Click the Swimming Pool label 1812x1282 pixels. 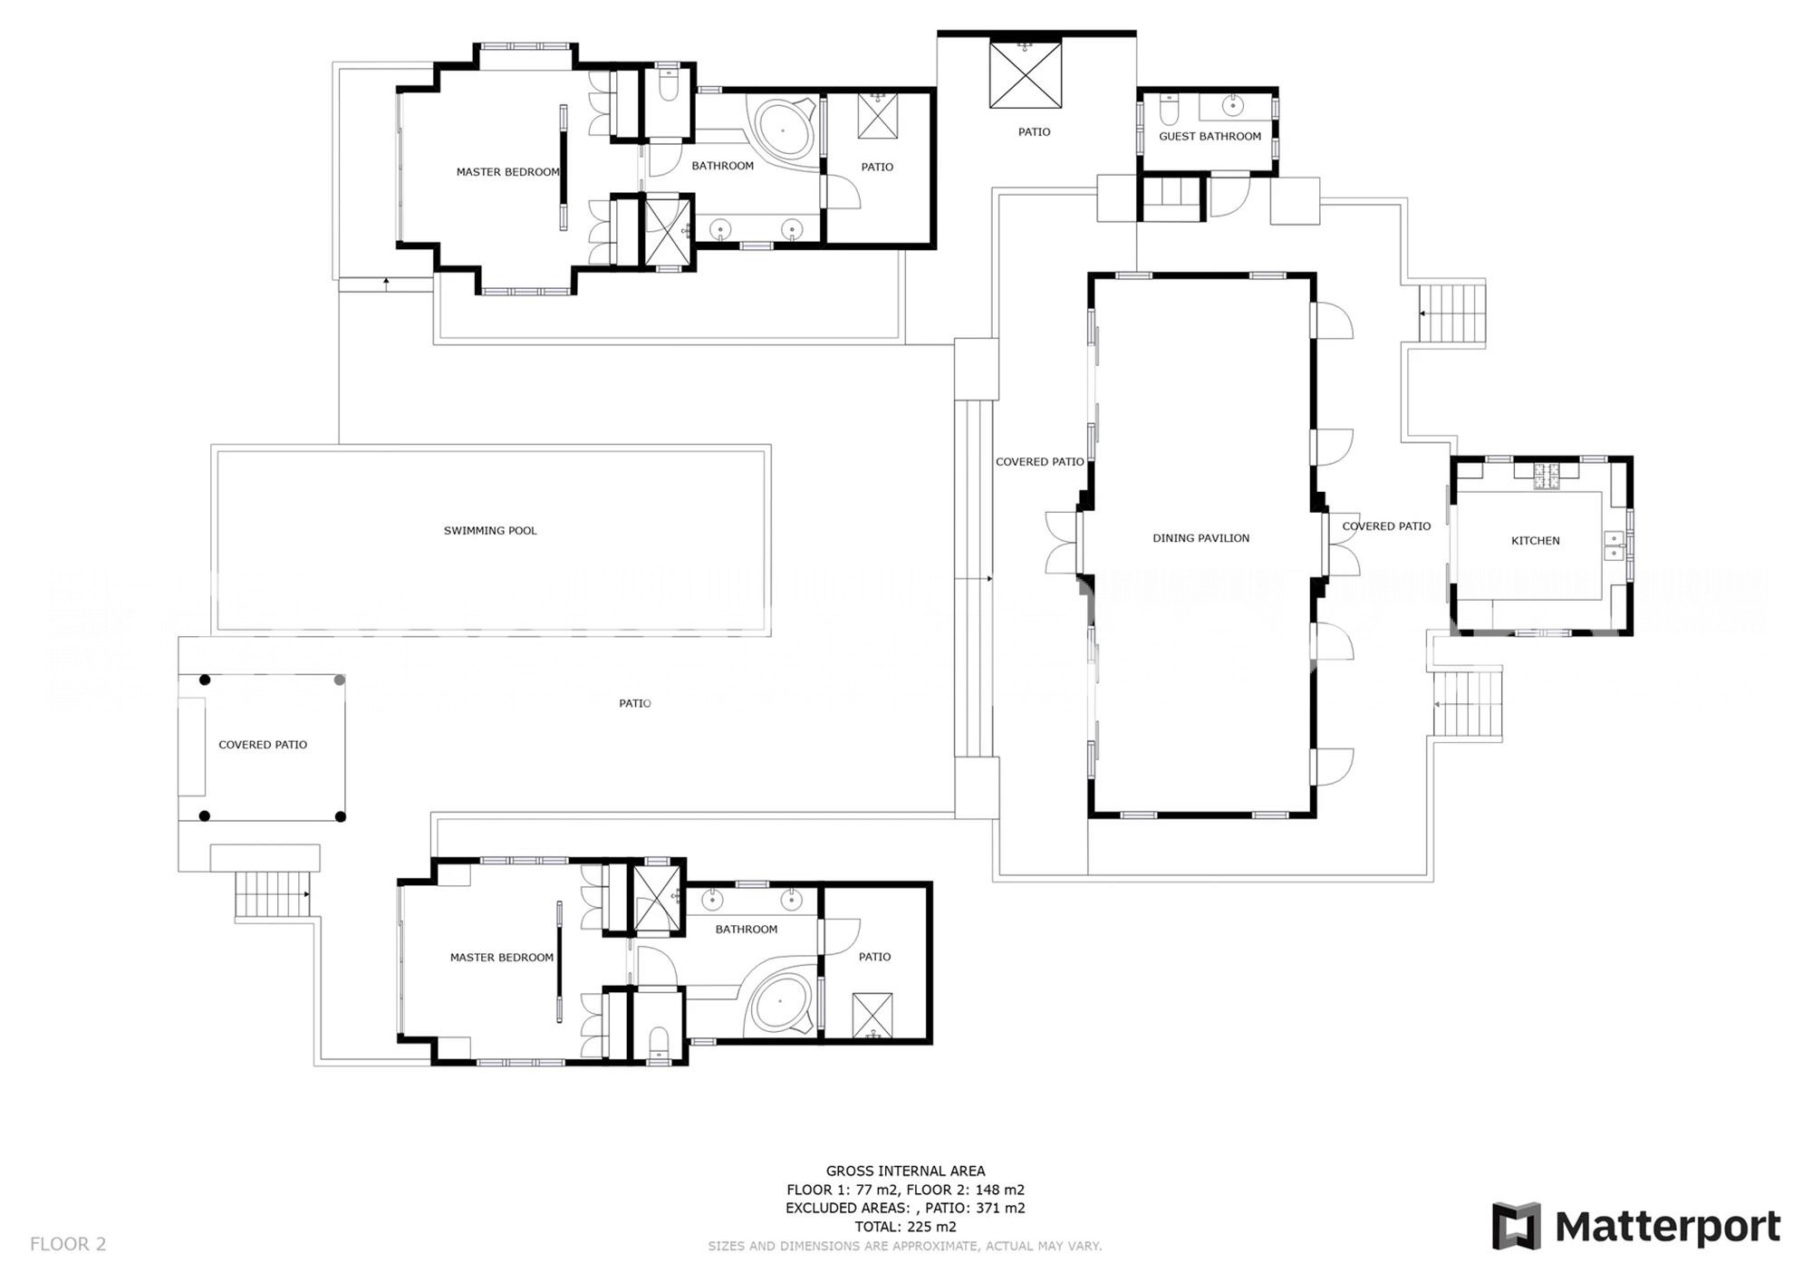[490, 531]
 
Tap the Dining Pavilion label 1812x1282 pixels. [1200, 538]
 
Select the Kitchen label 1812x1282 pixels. [1536, 541]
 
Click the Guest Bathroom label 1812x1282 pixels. [1210, 137]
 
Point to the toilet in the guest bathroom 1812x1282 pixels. [1169, 111]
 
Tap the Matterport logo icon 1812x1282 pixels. [1517, 1226]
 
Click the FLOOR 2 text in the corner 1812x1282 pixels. [68, 1244]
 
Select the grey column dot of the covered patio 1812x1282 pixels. [340, 680]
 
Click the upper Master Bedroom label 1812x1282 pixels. [507, 172]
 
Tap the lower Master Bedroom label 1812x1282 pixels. [502, 958]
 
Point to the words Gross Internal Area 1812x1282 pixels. [905, 1171]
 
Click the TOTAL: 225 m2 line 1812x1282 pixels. [905, 1227]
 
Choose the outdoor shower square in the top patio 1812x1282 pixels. [1025, 75]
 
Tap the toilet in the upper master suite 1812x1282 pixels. [669, 85]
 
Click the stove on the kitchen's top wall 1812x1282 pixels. [1546, 476]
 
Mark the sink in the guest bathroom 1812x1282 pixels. [1233, 105]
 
